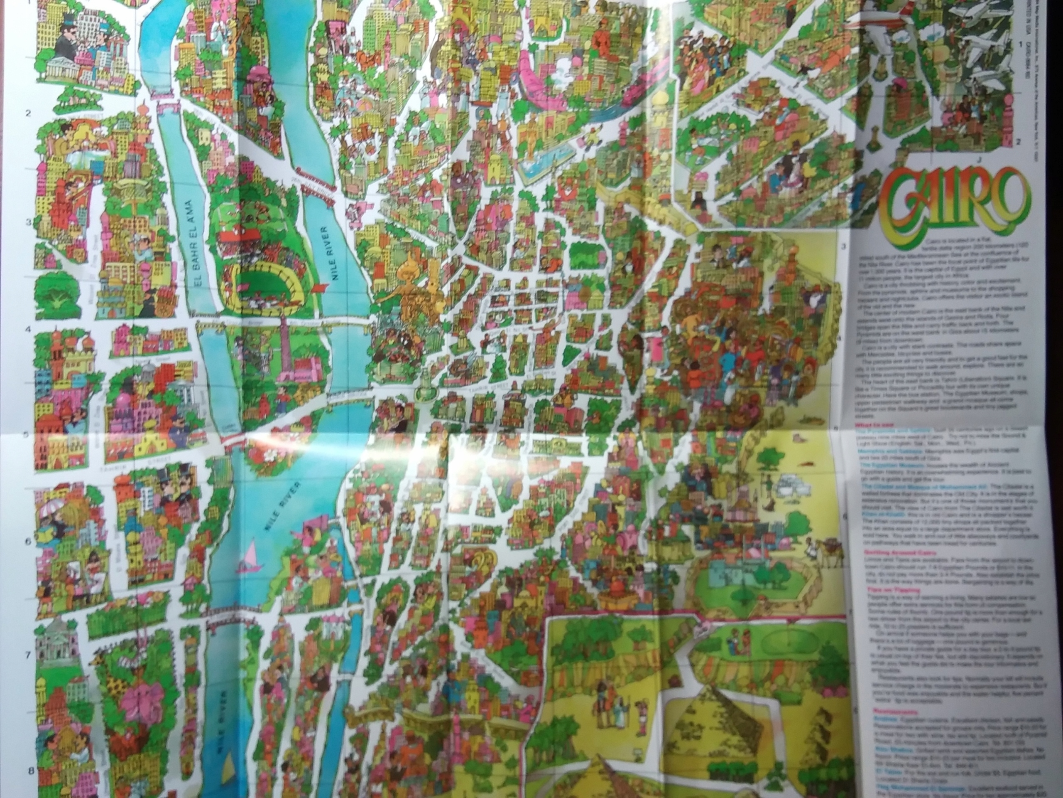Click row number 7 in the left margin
[x=28, y=655]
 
